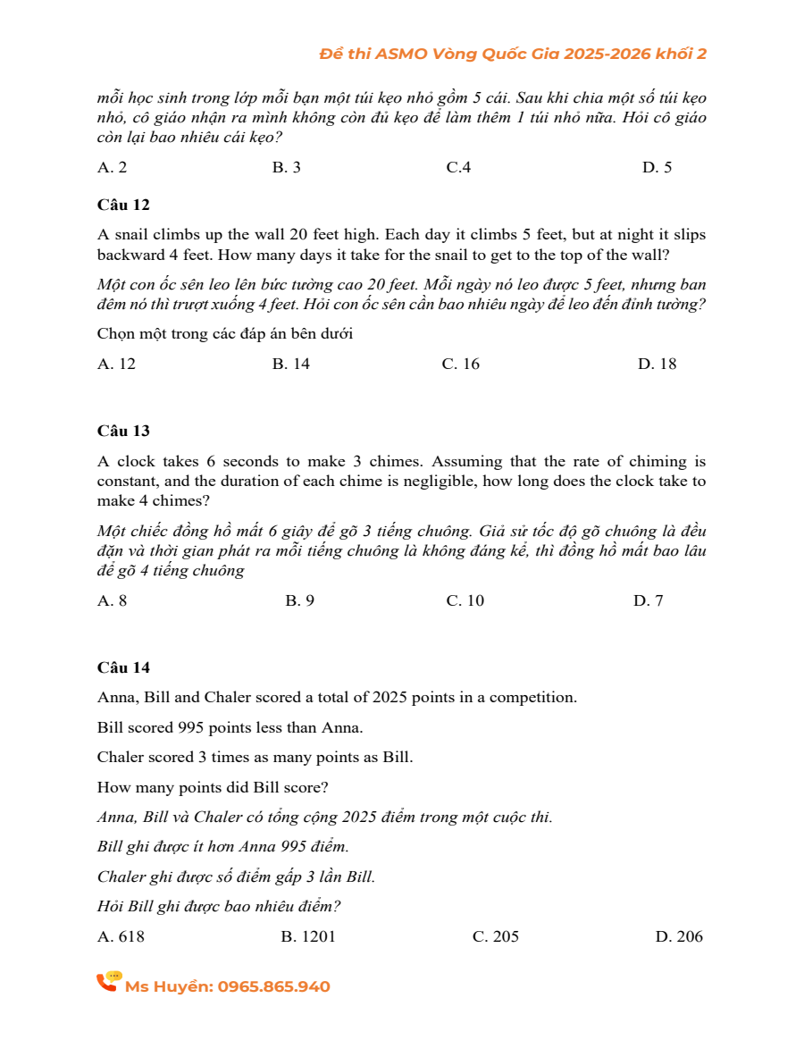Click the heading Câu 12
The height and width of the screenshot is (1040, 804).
pyautogui.click(x=123, y=205)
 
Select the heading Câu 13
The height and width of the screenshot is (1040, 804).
pyautogui.click(x=123, y=431)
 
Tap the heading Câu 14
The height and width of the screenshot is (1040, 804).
pyautogui.click(x=123, y=667)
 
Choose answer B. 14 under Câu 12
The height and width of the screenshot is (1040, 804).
pyautogui.click(x=291, y=364)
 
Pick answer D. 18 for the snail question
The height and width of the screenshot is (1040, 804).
pyautogui.click(x=657, y=364)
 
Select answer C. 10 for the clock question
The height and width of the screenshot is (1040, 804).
pyautogui.click(x=465, y=600)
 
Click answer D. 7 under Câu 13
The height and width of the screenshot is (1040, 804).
pyautogui.click(x=649, y=600)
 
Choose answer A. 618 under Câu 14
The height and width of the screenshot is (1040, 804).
pyautogui.click(x=121, y=936)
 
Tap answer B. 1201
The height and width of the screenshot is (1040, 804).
pyautogui.click(x=308, y=936)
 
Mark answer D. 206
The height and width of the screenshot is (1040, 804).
pyautogui.click(x=679, y=936)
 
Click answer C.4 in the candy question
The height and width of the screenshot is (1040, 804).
pyautogui.click(x=458, y=167)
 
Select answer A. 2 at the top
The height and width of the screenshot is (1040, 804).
pyautogui.click(x=112, y=167)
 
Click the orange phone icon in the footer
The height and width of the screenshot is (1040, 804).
pyautogui.click(x=108, y=982)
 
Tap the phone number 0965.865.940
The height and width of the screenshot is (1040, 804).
pyautogui.click(x=273, y=986)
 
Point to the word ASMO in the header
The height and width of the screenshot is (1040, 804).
pyautogui.click(x=402, y=54)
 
